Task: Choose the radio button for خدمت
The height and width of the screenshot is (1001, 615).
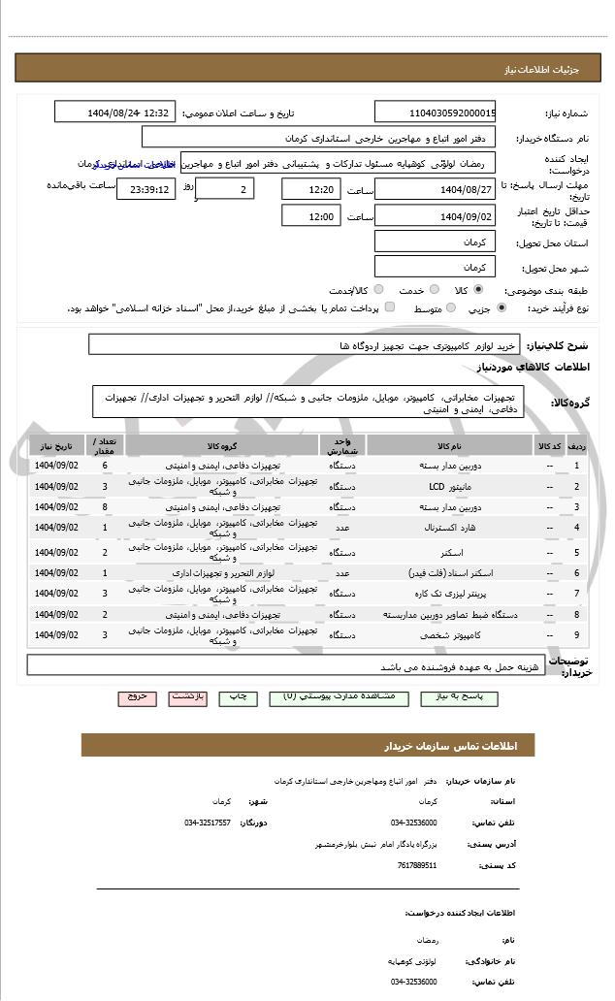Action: coord(434,289)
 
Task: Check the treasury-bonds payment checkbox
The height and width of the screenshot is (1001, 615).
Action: coord(390,307)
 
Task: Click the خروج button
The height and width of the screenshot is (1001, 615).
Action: coord(136,696)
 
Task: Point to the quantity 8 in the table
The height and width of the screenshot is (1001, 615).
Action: coord(104,506)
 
